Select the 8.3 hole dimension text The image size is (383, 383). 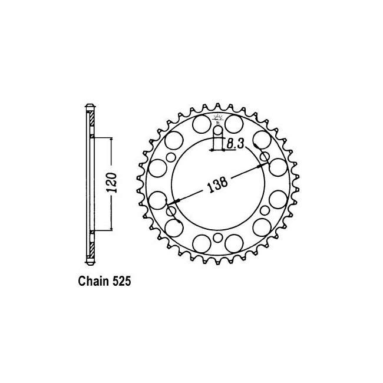(x=235, y=144)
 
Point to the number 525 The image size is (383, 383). (x=121, y=282)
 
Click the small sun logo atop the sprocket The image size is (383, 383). (x=217, y=118)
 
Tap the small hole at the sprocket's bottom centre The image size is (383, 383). (x=217, y=237)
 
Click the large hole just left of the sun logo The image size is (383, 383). (x=202, y=124)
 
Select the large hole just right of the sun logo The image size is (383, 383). (x=234, y=124)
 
